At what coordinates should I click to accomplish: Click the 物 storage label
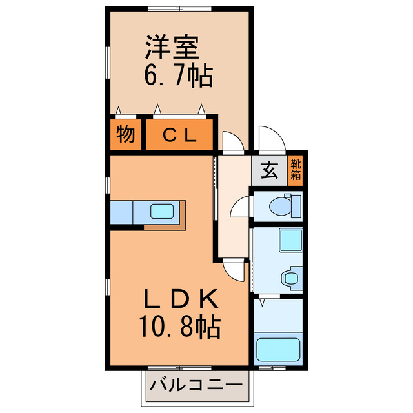click(125, 135)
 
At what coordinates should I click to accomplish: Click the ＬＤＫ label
click(181, 299)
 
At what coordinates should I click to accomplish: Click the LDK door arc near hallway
click(233, 270)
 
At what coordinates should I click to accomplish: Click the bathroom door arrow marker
click(262, 301)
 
